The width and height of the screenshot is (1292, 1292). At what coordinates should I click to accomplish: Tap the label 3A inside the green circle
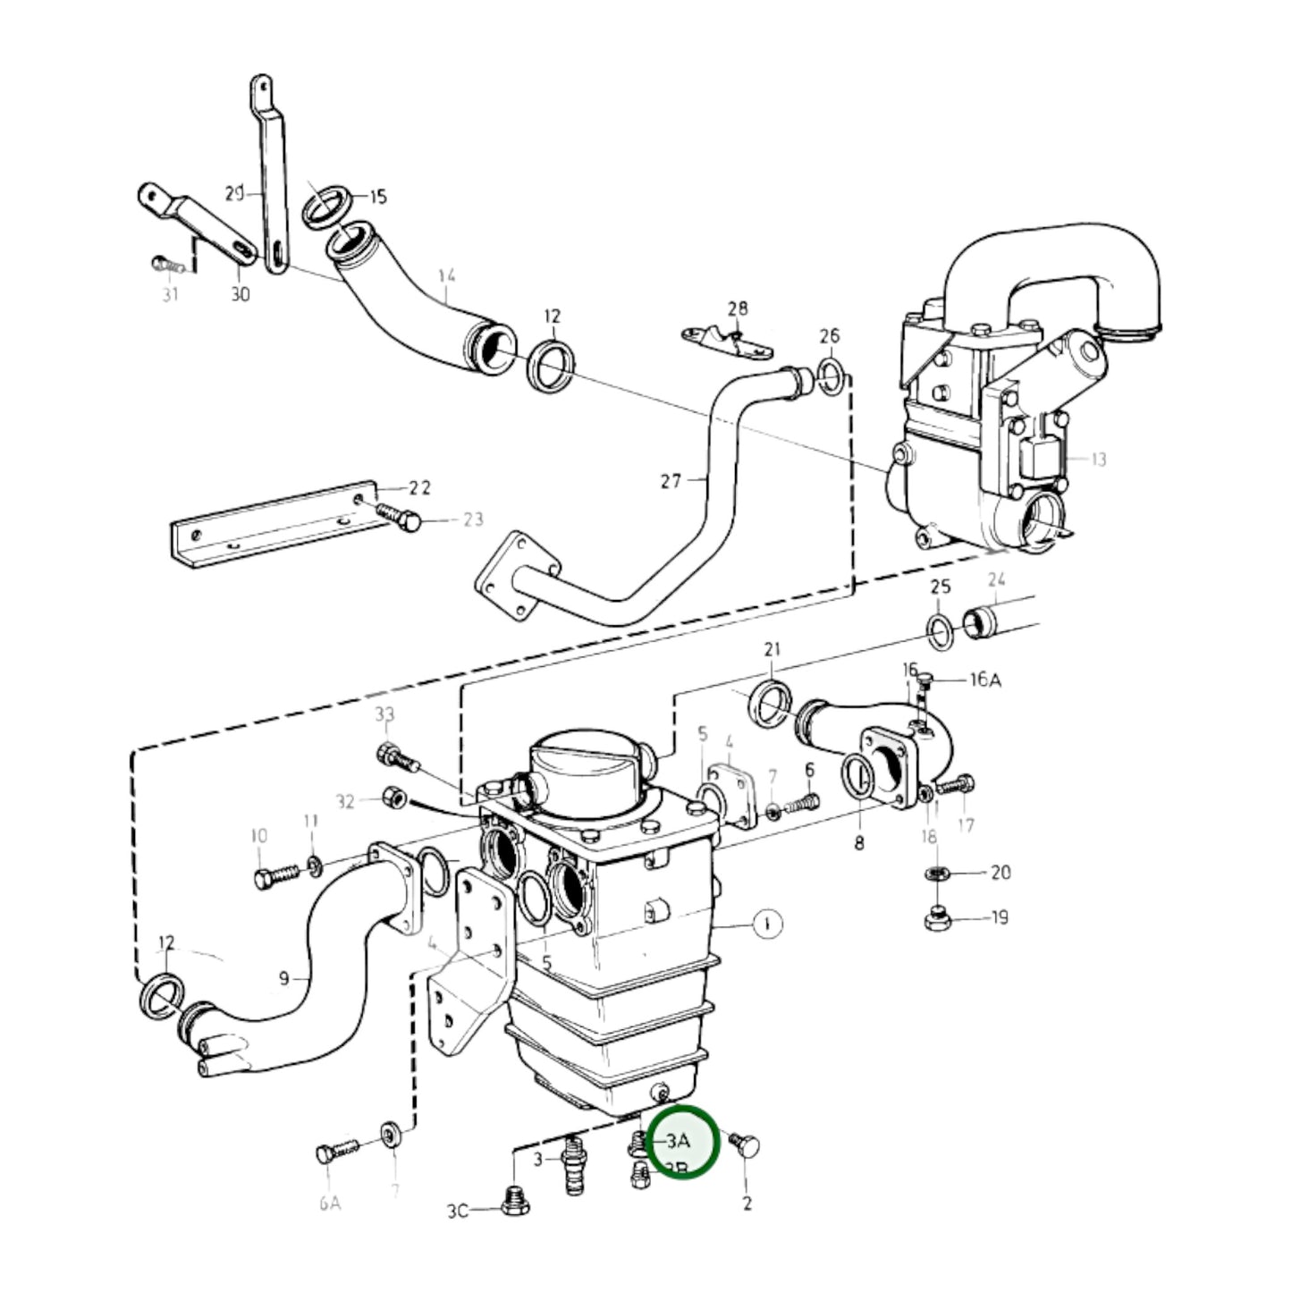pos(679,1142)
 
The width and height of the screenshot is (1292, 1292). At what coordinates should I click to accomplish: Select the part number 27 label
pos(671,481)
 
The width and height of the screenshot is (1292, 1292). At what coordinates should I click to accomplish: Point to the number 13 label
pos(1098,459)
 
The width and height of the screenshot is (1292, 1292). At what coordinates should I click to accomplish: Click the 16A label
pos(984,680)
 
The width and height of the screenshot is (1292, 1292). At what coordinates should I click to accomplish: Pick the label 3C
pos(457,1212)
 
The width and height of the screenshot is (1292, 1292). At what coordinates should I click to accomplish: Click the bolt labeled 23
pos(397,515)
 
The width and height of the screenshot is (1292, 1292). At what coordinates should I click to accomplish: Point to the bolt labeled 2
pos(744,1144)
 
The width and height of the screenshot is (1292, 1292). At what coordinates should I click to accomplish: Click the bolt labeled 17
pos(957,786)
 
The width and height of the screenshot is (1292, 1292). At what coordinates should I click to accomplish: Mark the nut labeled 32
pos(390,796)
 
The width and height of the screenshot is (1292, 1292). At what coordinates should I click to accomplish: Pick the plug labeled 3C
pos(515,1203)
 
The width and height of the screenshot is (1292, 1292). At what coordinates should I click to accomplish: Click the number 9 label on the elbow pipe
pos(284,978)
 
